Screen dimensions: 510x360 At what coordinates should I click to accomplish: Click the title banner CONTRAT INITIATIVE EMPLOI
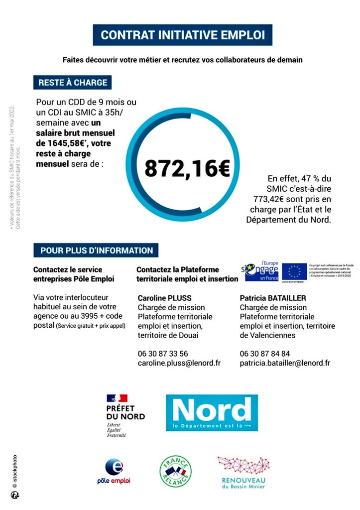pos(183,35)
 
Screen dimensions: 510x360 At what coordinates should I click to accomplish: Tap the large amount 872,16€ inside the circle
pos(187,169)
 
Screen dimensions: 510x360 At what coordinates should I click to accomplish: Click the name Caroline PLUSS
pos(164,298)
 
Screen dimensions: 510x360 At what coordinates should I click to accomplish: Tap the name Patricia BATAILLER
pos(272,298)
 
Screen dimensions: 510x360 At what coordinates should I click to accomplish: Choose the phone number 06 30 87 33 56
pos(163,354)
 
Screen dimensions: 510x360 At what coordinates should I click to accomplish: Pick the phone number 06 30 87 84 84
pos(265,354)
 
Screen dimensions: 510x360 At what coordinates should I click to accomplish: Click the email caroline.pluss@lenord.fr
pos(179,363)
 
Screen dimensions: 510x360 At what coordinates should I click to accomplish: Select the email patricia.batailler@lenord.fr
pos(285,363)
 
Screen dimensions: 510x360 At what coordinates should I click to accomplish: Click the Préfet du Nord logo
pos(124,415)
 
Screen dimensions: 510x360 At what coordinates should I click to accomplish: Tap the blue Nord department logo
pos(212,412)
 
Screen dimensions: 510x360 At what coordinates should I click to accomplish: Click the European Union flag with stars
pos(294,271)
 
